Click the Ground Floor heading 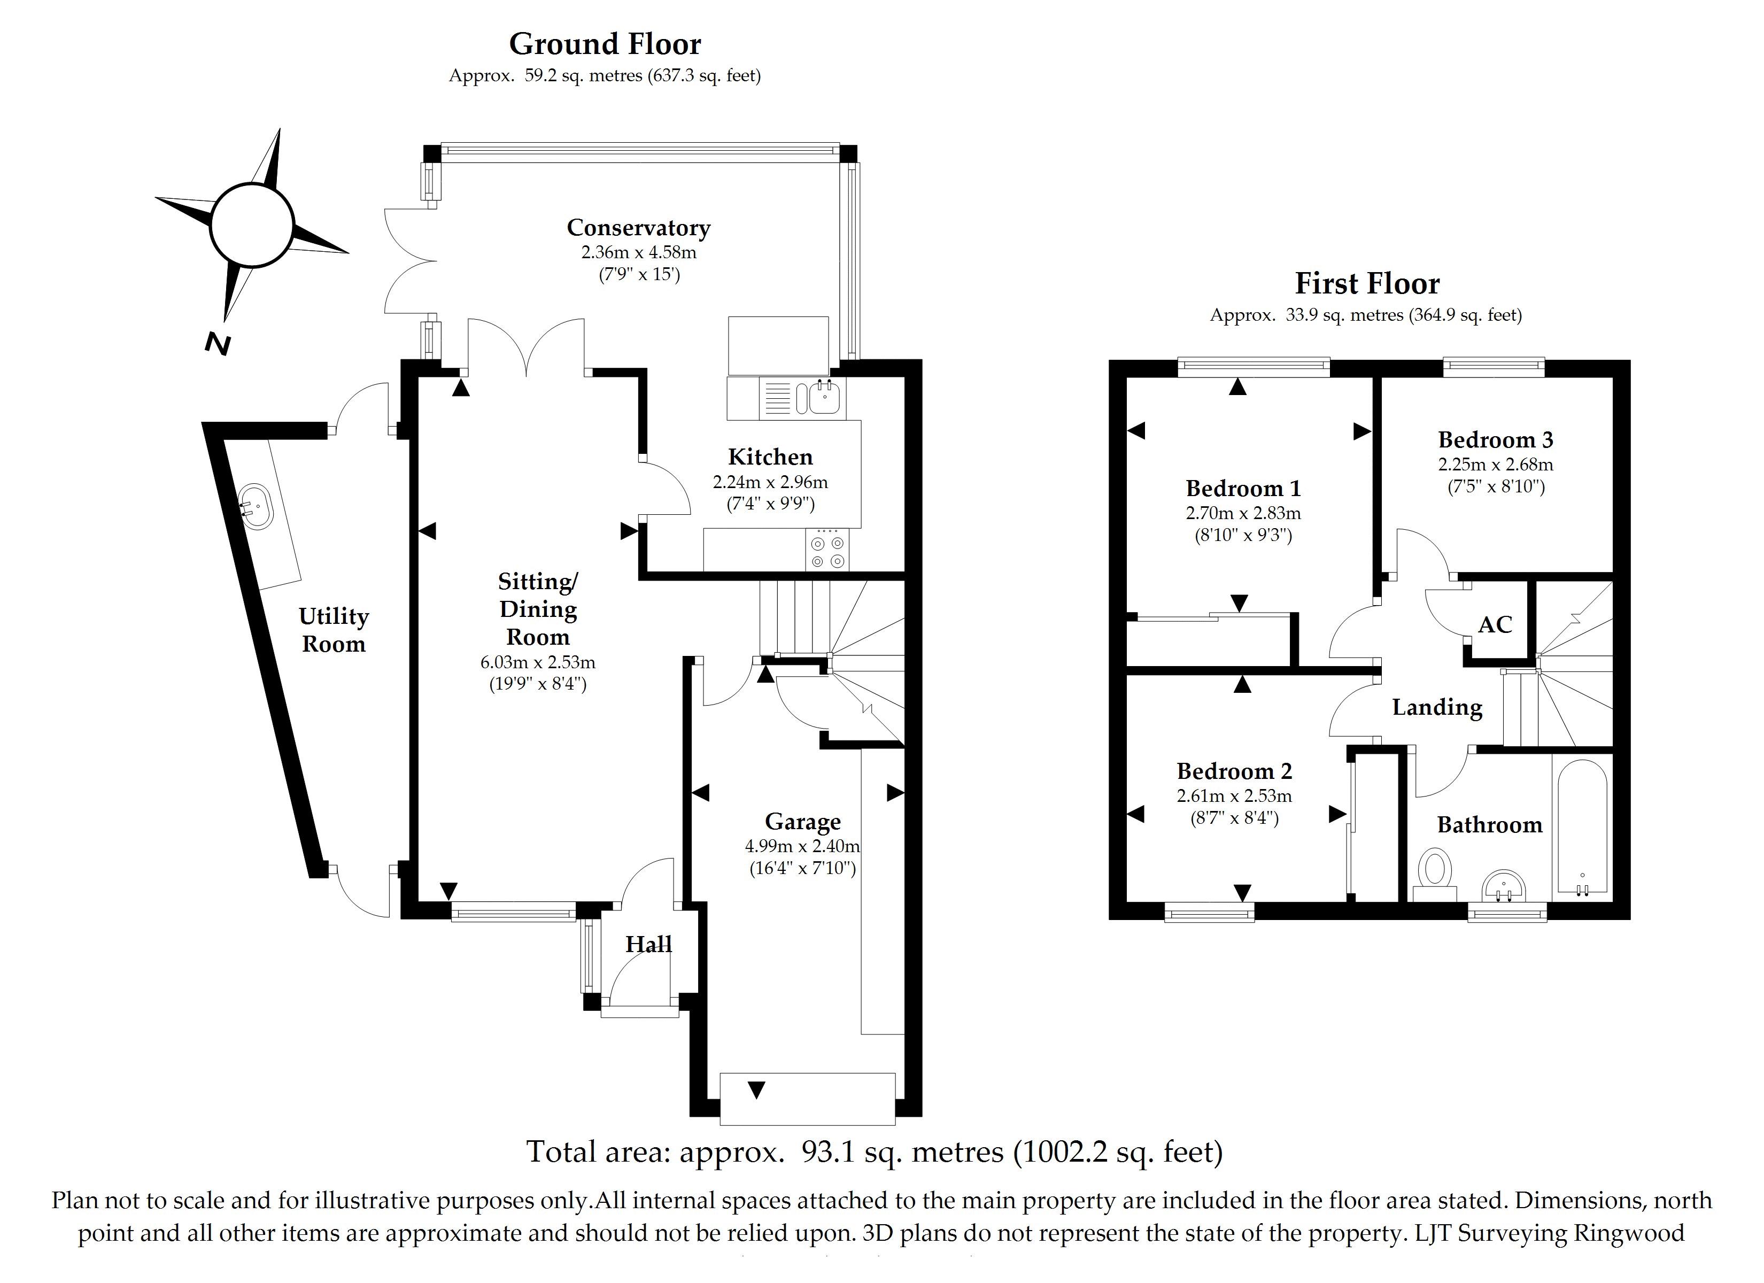(x=605, y=44)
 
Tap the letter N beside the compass (x=218, y=343)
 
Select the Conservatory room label (x=639, y=228)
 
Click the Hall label (x=648, y=945)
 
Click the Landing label (x=1437, y=707)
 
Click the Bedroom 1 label (x=1243, y=489)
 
